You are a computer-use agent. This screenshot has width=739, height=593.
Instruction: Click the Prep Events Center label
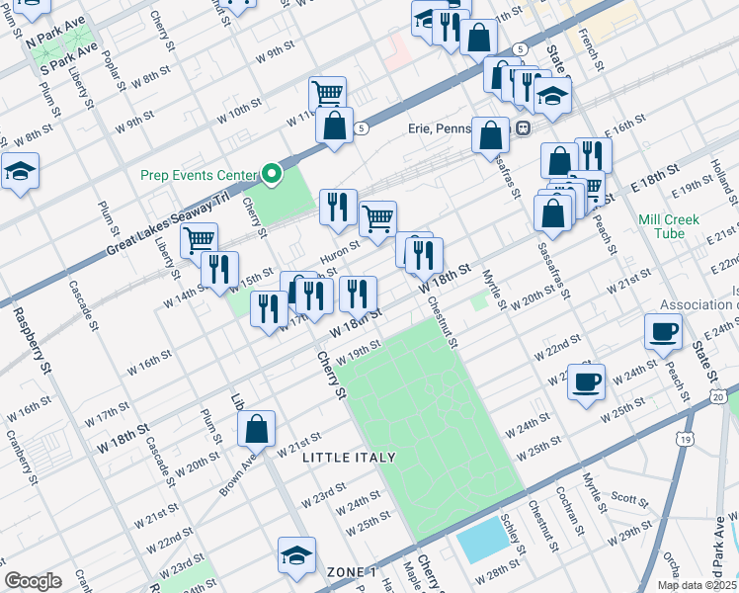pyautogui.click(x=198, y=175)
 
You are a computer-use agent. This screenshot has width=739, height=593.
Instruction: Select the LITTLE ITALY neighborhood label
pyautogui.click(x=349, y=457)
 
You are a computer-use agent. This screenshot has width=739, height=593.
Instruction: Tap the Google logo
pyautogui.click(x=34, y=580)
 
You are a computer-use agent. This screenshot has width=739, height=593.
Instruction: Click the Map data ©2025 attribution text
pyautogui.click(x=697, y=585)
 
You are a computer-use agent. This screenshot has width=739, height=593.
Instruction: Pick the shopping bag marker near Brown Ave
pyautogui.click(x=256, y=429)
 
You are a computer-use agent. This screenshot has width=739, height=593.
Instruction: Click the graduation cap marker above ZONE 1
pyautogui.click(x=295, y=555)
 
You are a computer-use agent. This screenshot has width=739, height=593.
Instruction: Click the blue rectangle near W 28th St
pyautogui.click(x=479, y=545)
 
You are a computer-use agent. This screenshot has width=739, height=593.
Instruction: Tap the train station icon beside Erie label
pyautogui.click(x=521, y=127)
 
